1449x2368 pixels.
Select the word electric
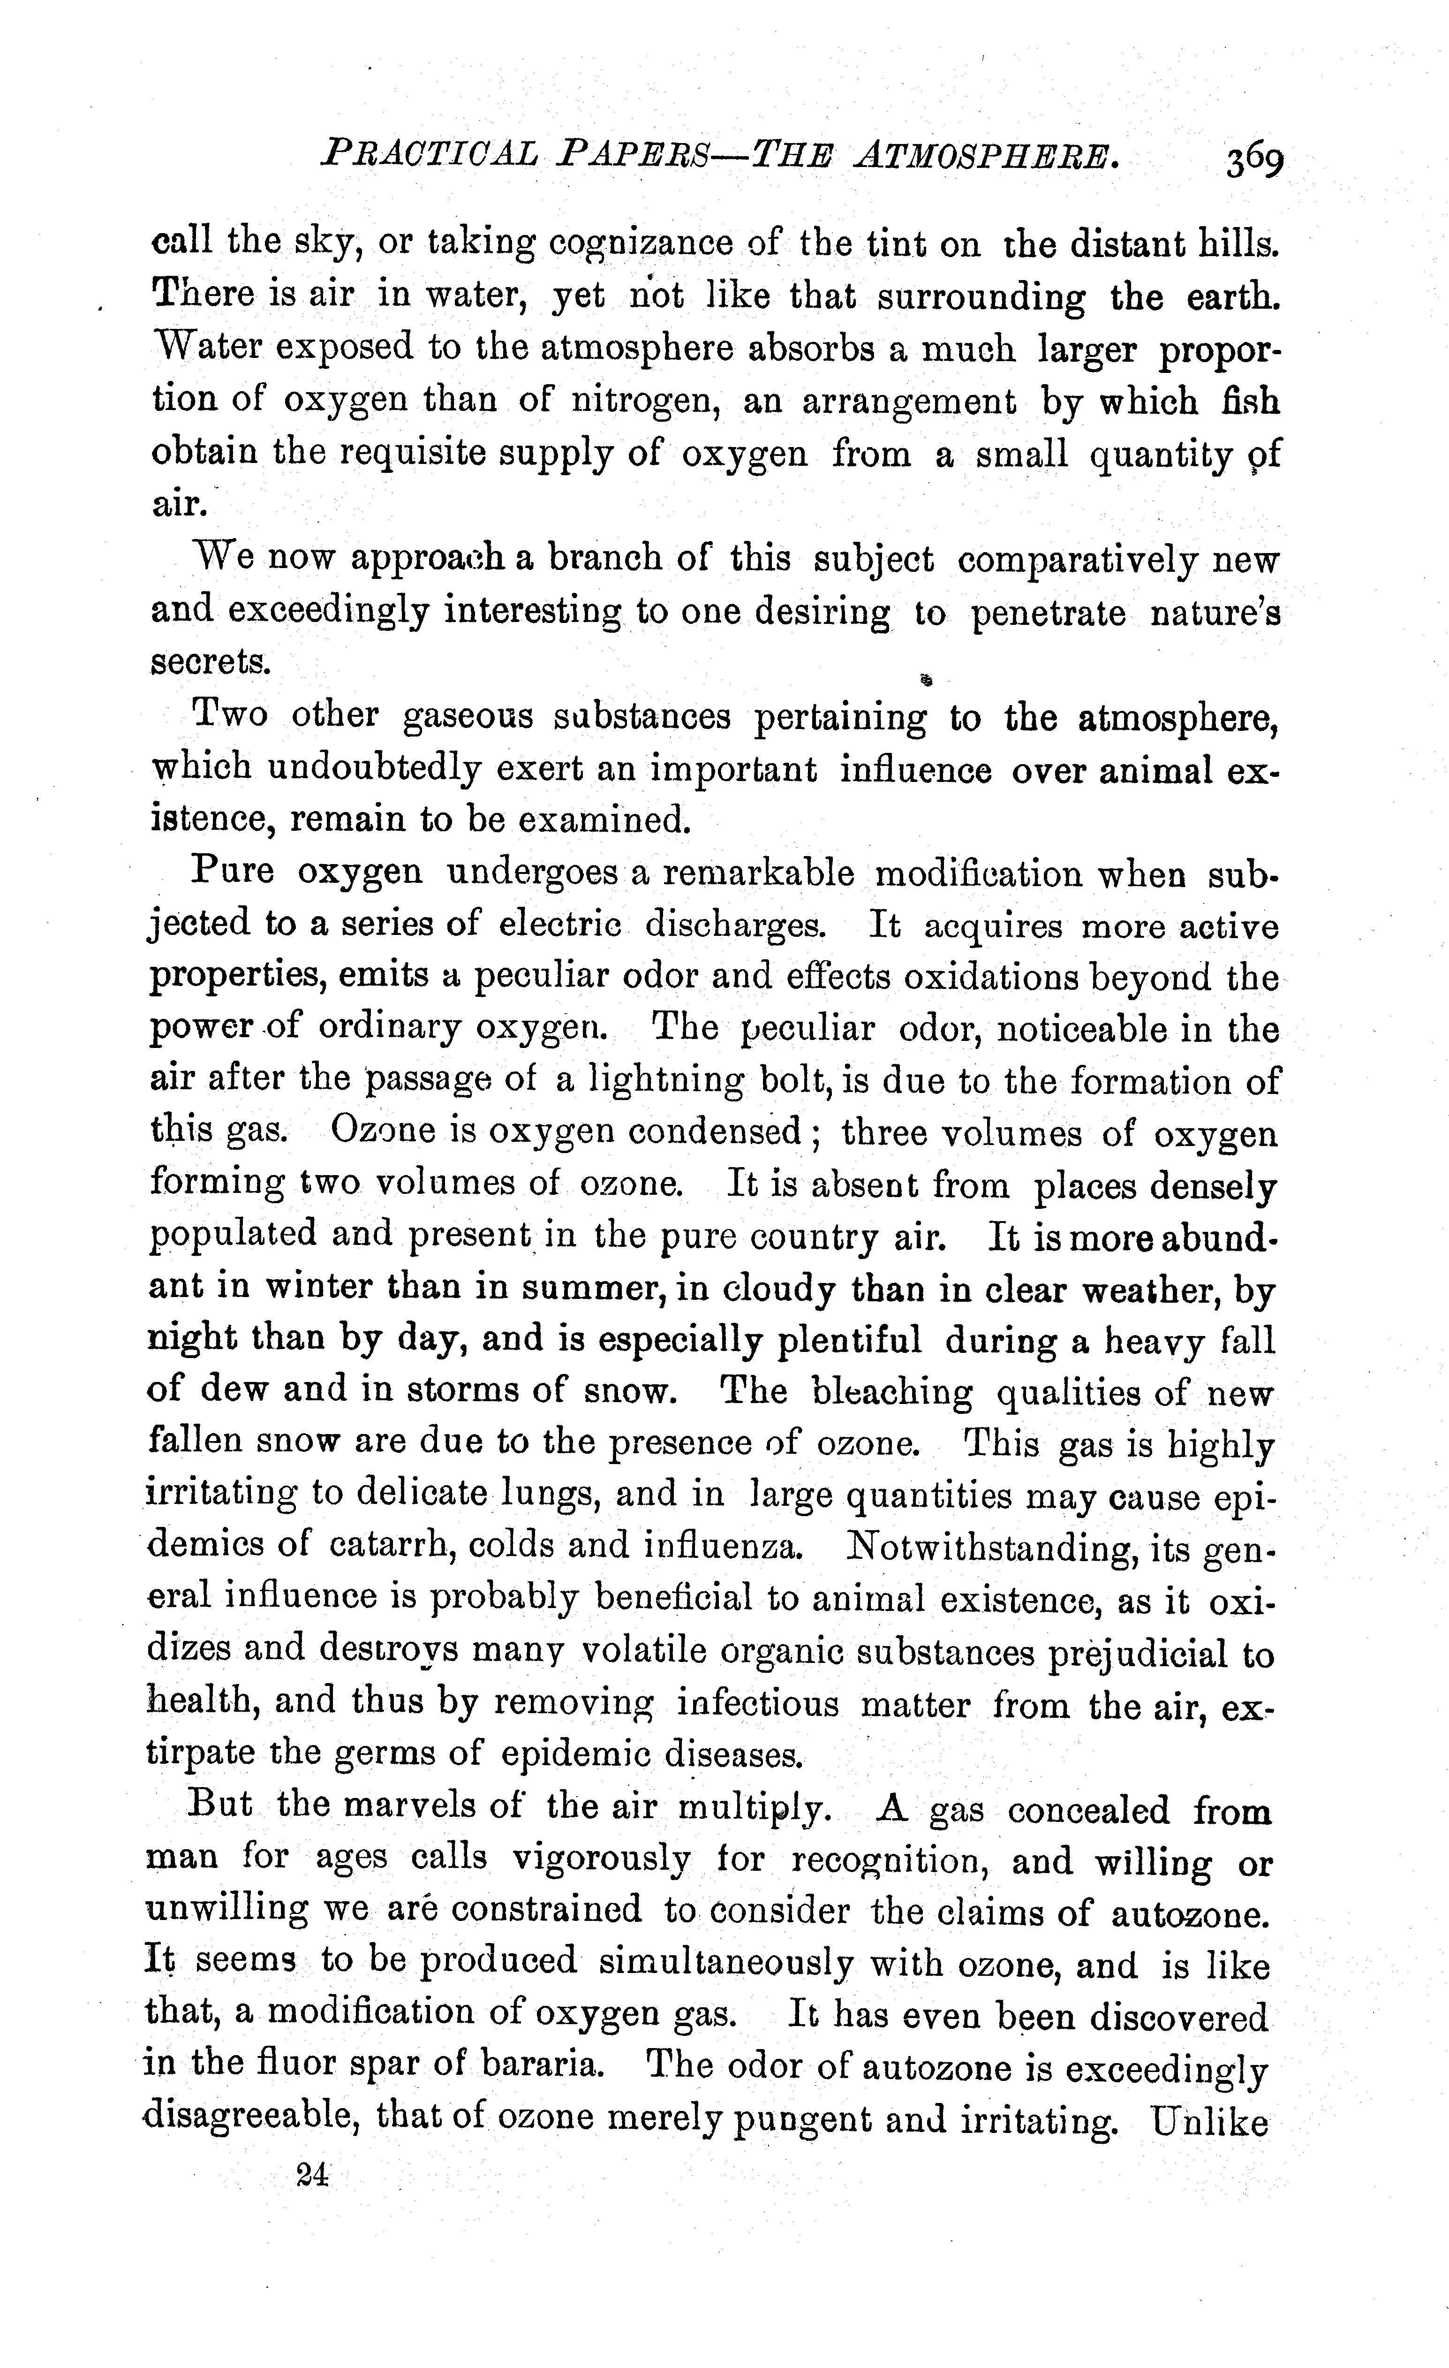coord(559,926)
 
